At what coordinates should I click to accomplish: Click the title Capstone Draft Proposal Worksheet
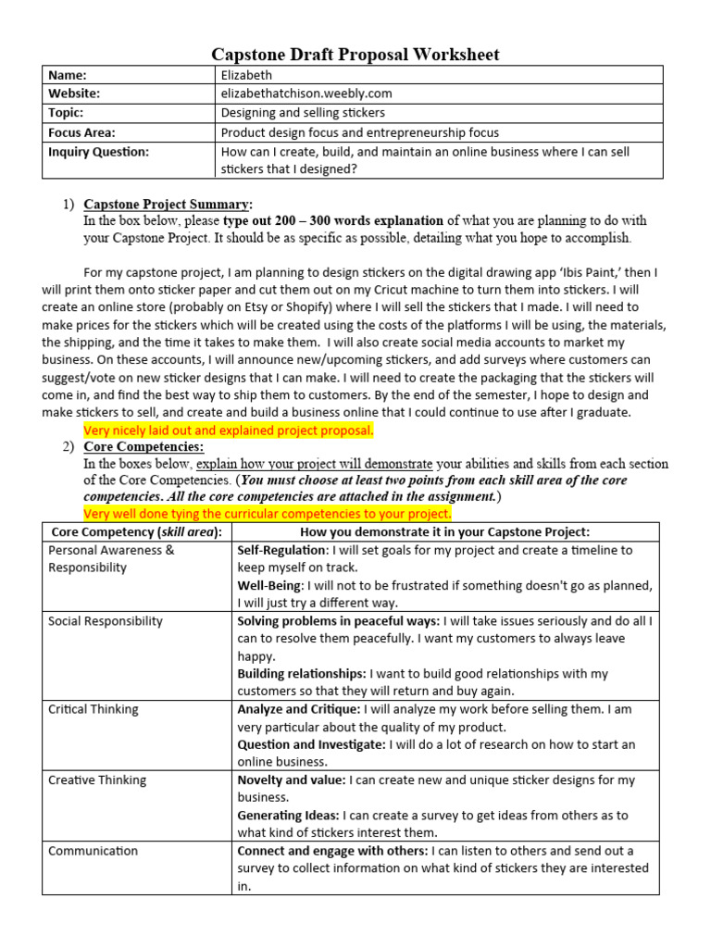[x=355, y=55]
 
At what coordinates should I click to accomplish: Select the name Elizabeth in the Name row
[x=246, y=75]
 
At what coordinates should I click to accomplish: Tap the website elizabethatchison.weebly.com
[x=306, y=94]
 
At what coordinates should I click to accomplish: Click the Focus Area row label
[x=81, y=132]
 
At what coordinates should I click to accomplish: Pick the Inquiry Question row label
[x=98, y=152]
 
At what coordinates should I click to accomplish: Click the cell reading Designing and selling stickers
[x=303, y=113]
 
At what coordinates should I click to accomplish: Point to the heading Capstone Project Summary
[x=167, y=204]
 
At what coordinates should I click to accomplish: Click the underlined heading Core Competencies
[x=143, y=447]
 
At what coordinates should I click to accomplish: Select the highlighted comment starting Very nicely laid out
[x=228, y=430]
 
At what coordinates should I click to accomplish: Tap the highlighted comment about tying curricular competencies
[x=267, y=514]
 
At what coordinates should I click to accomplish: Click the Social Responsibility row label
[x=105, y=621]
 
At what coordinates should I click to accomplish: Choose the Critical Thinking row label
[x=93, y=709]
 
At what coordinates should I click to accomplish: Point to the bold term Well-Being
[x=269, y=586]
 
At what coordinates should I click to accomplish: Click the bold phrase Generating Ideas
[x=288, y=816]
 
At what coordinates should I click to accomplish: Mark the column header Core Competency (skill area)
[x=136, y=531]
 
